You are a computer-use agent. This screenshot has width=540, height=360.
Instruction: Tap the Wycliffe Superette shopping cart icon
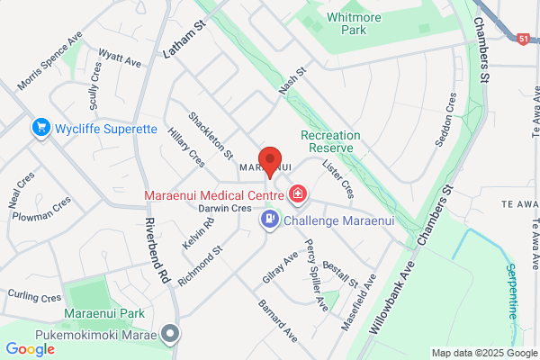(40, 129)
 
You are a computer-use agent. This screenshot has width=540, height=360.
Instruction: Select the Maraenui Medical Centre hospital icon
(298, 193)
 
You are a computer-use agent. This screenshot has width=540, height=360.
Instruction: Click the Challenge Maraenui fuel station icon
(269, 219)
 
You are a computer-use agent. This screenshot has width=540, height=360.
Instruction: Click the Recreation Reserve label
(330, 141)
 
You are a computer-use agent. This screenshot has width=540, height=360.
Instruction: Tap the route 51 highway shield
(523, 39)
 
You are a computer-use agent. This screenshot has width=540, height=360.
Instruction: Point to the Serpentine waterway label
(510, 290)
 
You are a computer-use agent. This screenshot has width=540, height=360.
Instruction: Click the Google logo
(30, 349)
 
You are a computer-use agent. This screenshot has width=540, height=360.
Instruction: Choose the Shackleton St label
(211, 135)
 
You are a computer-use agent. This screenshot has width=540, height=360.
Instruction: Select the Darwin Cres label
(225, 209)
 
